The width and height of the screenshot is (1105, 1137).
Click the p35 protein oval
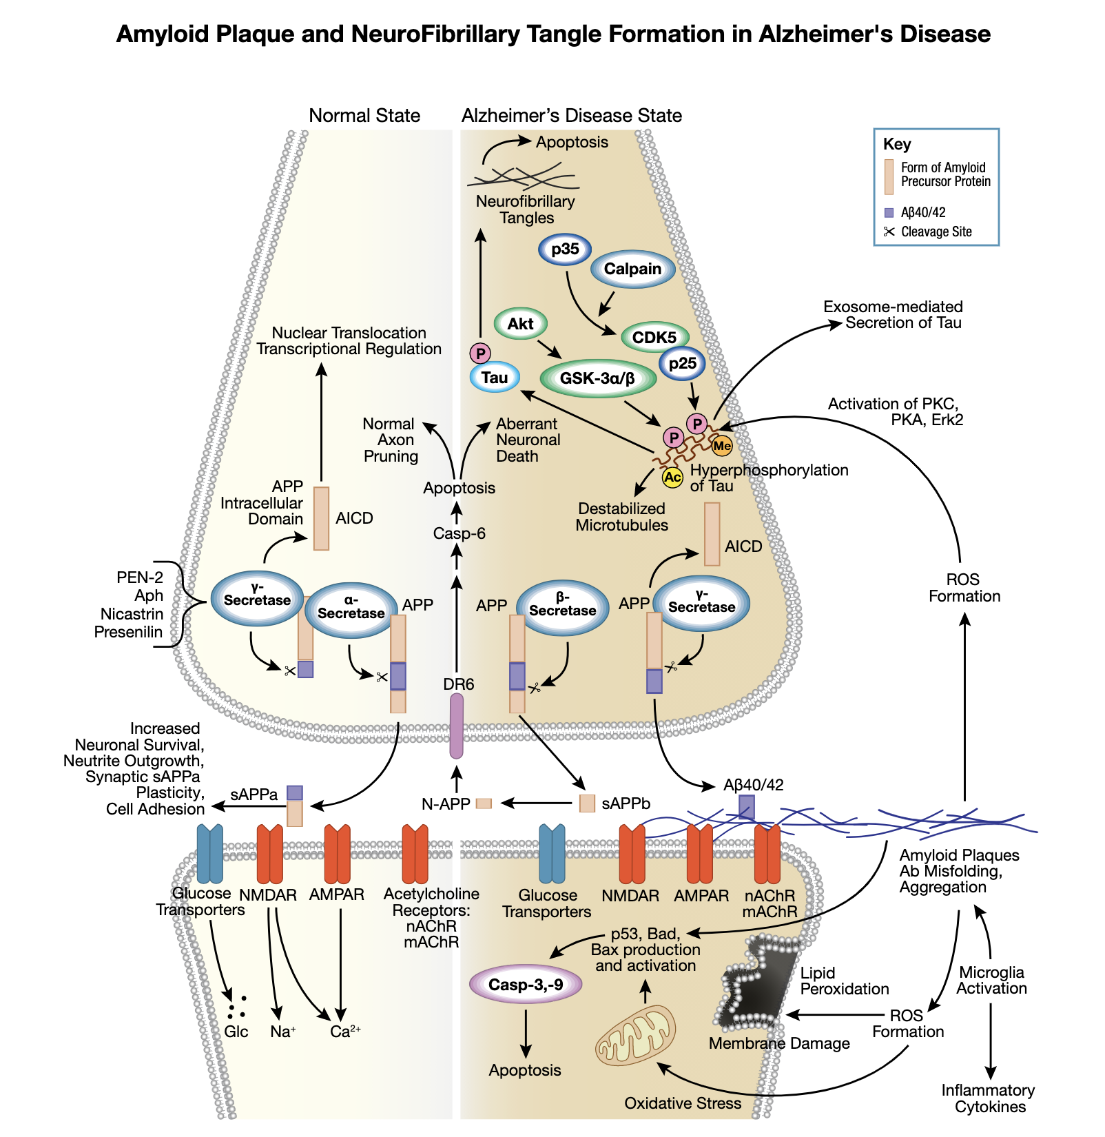click(565, 249)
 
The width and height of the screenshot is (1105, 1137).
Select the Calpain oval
click(632, 269)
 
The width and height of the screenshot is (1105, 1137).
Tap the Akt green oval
click(521, 324)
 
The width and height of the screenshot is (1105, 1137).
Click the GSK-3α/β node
click(597, 378)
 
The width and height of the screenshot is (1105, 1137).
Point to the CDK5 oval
click(654, 338)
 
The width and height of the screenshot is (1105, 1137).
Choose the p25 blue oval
click(682, 364)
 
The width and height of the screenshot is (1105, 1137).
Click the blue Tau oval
click(495, 378)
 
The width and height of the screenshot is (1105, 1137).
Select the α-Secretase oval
click(351, 609)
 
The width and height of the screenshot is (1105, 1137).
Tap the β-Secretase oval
click(562, 606)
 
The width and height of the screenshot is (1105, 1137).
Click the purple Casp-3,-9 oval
click(526, 985)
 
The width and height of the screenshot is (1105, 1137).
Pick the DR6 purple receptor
click(457, 726)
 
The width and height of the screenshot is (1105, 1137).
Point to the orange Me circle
click(721, 447)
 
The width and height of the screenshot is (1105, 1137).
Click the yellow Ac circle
click(672, 477)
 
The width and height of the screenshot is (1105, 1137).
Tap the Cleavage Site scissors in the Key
click(889, 232)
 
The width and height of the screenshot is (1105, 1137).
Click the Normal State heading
click(364, 116)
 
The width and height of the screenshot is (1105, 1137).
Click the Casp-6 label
click(459, 533)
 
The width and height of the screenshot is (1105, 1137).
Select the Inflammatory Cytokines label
click(989, 1098)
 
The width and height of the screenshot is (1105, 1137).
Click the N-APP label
click(446, 803)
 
